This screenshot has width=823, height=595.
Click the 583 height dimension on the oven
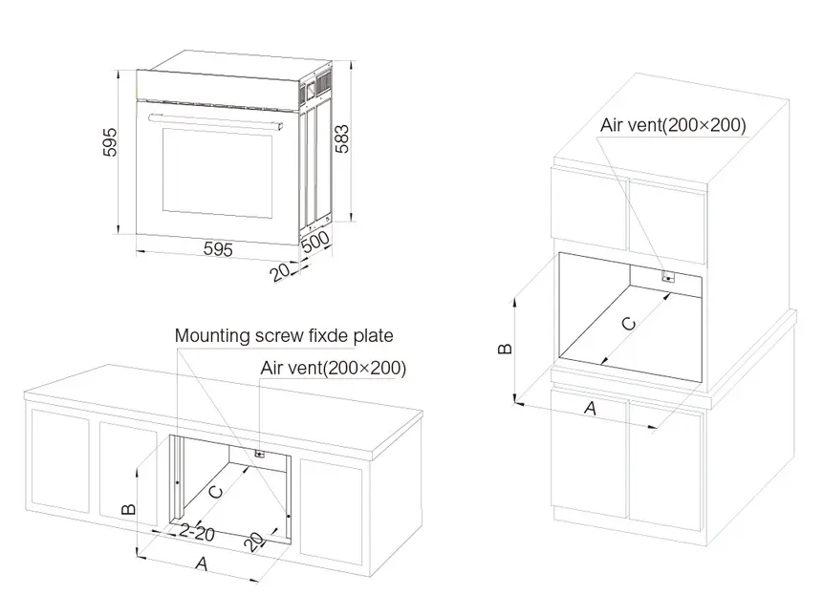[x=341, y=140]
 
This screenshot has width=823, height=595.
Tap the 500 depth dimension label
[x=314, y=242]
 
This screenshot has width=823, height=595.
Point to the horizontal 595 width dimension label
[x=218, y=249]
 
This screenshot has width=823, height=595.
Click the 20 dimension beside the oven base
[x=280, y=272]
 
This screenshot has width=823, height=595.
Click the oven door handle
[x=216, y=120]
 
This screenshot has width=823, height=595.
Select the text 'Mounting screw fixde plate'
[x=284, y=336]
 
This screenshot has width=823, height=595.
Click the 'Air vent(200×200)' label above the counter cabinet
[x=333, y=368]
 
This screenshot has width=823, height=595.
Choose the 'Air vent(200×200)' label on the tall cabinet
[x=673, y=124]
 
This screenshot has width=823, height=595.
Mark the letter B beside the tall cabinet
[x=507, y=348]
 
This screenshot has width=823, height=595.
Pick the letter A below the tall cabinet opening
[x=590, y=408]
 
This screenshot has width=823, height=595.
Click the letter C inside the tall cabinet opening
[x=628, y=323]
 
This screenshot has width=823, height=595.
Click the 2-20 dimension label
[x=196, y=531]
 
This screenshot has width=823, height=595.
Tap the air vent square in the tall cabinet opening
[x=668, y=278]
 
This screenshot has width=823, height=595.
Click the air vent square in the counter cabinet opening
[x=258, y=455]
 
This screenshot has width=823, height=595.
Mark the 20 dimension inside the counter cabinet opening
[x=254, y=542]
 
